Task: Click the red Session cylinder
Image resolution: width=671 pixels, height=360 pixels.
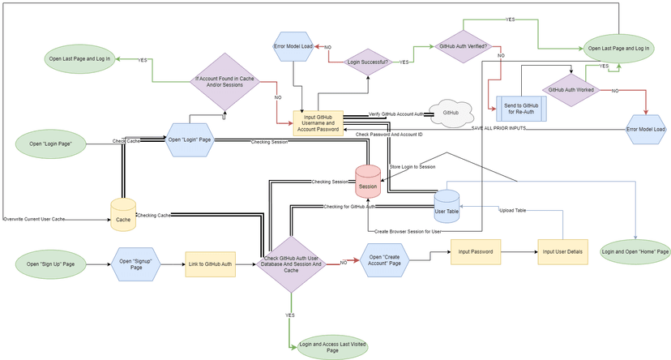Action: click(368, 180)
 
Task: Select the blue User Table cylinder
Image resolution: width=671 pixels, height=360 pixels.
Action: click(447, 205)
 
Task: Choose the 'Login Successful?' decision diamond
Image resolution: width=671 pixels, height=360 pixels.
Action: click(367, 62)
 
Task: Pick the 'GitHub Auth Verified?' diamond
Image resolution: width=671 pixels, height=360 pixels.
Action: click(462, 47)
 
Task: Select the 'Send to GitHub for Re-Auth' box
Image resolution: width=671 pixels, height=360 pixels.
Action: click(520, 108)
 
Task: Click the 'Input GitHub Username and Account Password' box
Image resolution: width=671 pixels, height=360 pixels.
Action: click(318, 122)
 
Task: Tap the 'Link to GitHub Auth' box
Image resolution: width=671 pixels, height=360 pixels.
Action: click(210, 264)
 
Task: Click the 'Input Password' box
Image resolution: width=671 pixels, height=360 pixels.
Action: click(476, 251)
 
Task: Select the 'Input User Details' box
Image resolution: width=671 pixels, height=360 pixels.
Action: click(562, 251)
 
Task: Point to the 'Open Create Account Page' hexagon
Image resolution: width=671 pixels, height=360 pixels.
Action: click(386, 260)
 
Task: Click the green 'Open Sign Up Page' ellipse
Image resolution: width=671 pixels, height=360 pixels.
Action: click(56, 264)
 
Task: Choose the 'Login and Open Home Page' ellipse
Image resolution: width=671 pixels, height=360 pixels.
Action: click(635, 252)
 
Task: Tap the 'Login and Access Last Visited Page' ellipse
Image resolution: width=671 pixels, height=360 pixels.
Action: click(333, 347)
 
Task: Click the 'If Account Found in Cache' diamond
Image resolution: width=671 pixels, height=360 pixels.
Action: click(224, 82)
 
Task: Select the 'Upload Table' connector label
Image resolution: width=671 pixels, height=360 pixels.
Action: click(512, 210)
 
